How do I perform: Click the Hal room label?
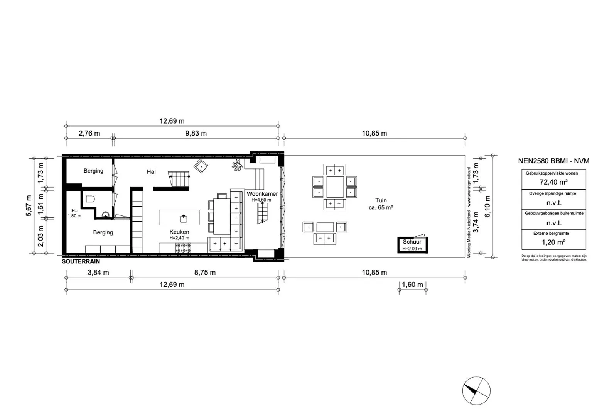point(151,172)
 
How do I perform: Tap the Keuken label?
point(179,232)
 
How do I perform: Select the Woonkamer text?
point(262,194)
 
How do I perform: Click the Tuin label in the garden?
point(381,200)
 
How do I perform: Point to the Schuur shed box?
point(412,245)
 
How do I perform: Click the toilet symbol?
point(90,199)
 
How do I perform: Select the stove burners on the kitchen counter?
point(183,248)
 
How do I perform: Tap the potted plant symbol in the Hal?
point(237,165)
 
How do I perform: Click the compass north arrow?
point(471,388)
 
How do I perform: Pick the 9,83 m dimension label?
point(196,133)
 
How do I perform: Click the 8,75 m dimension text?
point(205,272)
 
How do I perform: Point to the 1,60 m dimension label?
point(412,285)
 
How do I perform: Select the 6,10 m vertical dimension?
point(487,207)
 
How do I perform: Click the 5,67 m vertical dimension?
point(29,205)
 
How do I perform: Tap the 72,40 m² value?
point(553,182)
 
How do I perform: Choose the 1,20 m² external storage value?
point(553,242)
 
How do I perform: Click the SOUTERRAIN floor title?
point(81,262)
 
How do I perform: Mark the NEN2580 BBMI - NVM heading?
point(553,161)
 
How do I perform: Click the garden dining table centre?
point(335,187)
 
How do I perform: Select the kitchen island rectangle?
point(179,218)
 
